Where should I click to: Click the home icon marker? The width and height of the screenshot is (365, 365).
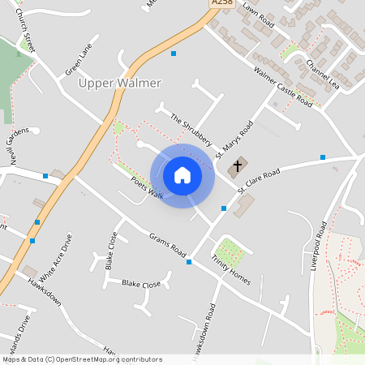click(182, 175)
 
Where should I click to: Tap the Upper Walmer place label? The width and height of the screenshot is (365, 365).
click(119, 84)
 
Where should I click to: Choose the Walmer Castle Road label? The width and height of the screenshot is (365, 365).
click(282, 88)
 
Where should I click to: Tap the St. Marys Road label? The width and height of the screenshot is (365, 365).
click(234, 140)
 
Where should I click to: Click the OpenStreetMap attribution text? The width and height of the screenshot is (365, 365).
click(81, 359)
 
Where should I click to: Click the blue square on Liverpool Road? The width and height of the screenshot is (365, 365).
click(323, 157)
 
